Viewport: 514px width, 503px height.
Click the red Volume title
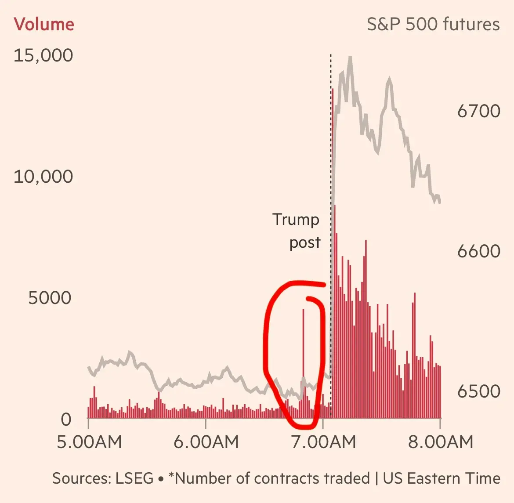click(44, 24)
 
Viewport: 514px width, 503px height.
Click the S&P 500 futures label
click(433, 24)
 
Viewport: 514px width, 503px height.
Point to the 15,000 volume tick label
click(43, 56)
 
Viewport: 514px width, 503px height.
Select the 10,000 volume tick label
click(43, 177)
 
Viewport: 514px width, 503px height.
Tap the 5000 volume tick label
click(49, 298)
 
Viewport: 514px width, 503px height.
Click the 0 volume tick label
click(66, 420)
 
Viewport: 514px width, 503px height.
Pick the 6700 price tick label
click(478, 111)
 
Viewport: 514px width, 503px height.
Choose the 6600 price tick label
click(478, 251)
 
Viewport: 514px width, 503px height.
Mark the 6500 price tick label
click(478, 391)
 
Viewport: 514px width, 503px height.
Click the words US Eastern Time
click(441, 478)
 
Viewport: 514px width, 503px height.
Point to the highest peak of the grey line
click(350, 58)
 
